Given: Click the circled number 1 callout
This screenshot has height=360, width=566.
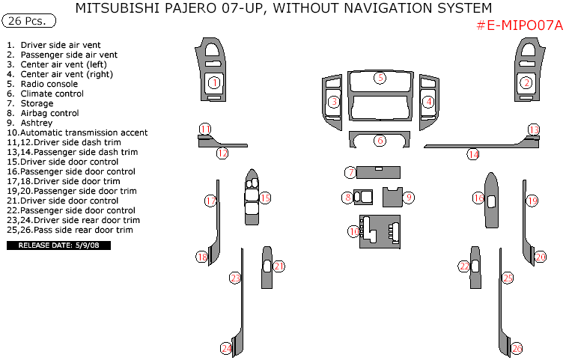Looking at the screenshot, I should click(x=213, y=82).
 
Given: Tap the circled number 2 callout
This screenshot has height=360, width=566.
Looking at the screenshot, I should click(x=526, y=83).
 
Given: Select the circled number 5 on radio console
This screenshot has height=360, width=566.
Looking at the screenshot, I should click(x=380, y=78).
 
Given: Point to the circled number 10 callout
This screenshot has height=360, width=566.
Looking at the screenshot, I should click(x=353, y=231).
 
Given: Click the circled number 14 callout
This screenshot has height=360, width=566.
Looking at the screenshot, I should click(x=473, y=154).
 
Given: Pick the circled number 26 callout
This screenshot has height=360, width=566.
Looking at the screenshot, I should click(x=517, y=348).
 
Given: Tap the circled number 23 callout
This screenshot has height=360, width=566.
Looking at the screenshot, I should click(x=234, y=278).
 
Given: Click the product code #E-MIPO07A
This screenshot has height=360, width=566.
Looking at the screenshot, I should click(x=519, y=25).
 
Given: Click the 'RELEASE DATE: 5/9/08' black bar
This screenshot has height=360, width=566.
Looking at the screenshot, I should click(x=58, y=245).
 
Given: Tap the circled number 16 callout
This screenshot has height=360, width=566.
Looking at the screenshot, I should click(x=478, y=198).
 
